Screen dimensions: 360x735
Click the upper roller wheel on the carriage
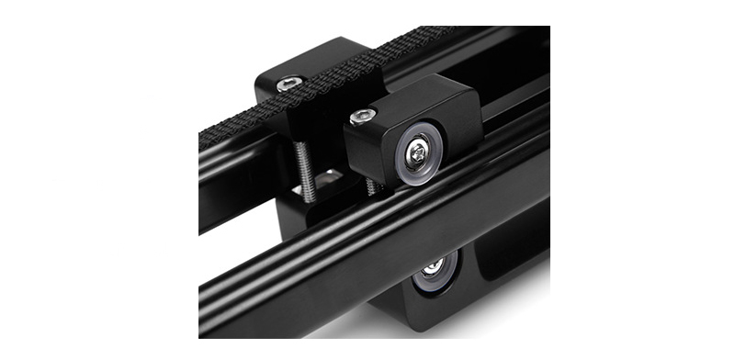coord(418,151)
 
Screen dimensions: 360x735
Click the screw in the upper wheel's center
coord(418,151)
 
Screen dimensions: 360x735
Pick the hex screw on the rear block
coord(291,84)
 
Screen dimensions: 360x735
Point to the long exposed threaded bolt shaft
coord(306,169)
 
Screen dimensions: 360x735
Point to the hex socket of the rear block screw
coord(291,84)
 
